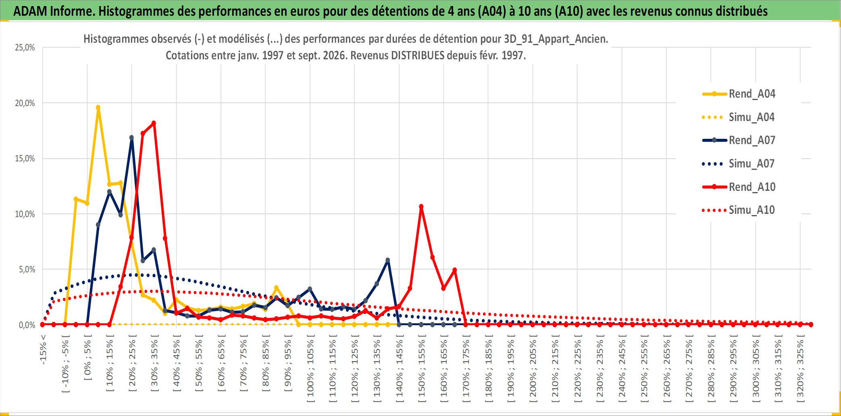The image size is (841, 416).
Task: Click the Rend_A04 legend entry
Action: click(x=739, y=94)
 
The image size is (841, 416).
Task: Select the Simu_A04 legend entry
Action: click(x=739, y=117)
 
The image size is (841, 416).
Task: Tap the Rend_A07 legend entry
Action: click(x=739, y=140)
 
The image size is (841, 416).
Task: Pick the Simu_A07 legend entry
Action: click(x=739, y=164)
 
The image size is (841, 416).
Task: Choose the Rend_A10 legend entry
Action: click(x=739, y=187)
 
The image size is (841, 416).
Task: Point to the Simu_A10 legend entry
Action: click(x=739, y=210)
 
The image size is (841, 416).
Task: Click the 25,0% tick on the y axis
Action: click(x=25, y=48)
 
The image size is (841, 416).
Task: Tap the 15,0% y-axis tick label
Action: click(x=25, y=159)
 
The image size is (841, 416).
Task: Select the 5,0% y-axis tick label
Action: click(x=27, y=270)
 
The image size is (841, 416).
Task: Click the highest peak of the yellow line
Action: click(x=98, y=108)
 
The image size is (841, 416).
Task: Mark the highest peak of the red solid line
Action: click(x=154, y=123)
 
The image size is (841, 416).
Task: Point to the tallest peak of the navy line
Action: click(x=131, y=138)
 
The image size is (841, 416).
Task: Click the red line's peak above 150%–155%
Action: click(x=421, y=207)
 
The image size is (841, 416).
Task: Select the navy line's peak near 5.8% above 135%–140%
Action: click(x=388, y=260)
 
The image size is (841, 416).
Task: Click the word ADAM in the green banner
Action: click(x=30, y=11)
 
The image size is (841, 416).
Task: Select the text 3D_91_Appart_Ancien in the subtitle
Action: click(x=556, y=39)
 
